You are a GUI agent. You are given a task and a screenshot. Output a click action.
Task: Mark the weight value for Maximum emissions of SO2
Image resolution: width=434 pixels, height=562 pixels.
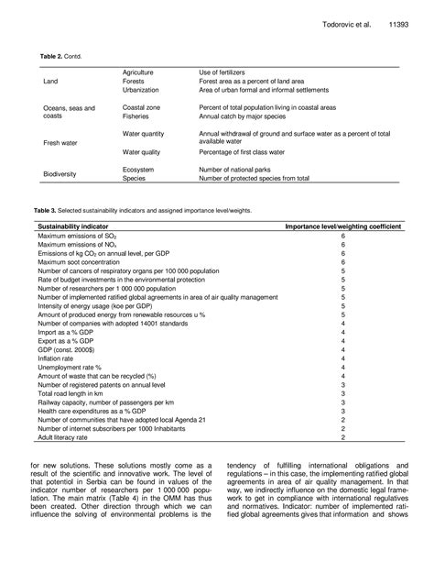coord(342,236)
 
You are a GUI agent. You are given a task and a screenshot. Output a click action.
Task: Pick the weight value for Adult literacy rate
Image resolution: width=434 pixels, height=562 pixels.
coord(342,439)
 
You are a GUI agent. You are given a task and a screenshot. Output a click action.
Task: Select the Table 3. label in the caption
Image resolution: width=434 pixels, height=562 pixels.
coord(47,210)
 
